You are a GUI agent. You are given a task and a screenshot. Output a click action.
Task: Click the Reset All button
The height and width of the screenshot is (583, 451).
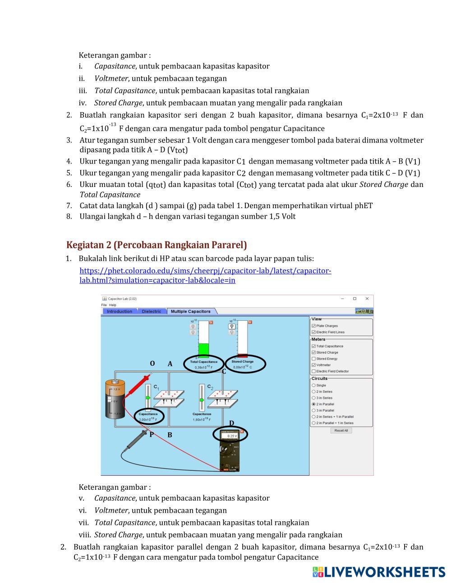click(x=341, y=430)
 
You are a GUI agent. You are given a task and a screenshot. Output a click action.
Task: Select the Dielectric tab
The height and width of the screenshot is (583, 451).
click(x=151, y=311)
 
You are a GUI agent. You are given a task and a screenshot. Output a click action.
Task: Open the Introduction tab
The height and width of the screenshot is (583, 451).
click(x=120, y=311)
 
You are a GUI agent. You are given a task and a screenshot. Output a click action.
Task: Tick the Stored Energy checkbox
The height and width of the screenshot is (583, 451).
click(x=313, y=359)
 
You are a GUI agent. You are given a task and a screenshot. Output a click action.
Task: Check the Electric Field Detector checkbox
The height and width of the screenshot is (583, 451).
click(x=313, y=371)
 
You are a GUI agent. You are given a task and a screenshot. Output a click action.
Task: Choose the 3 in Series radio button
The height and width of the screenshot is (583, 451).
click(x=313, y=398)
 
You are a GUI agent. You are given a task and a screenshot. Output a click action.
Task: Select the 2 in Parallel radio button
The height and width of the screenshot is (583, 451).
click(x=313, y=404)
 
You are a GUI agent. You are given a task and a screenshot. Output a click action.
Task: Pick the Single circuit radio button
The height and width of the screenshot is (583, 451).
click(x=313, y=385)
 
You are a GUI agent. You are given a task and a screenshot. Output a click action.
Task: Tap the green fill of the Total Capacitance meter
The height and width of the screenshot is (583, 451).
click(x=204, y=350)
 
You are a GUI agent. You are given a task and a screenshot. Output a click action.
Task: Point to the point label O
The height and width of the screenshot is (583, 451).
click(x=152, y=364)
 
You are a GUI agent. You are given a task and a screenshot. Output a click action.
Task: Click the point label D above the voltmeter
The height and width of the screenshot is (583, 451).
click(x=231, y=423)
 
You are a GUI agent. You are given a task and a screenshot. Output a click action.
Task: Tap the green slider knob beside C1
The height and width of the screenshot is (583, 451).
click(x=148, y=398)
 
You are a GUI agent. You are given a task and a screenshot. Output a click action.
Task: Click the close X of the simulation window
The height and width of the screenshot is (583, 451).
click(x=367, y=298)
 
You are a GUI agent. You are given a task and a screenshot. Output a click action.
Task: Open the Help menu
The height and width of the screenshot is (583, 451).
click(x=113, y=305)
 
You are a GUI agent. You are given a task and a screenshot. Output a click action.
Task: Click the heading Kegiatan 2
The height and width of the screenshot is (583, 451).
click(x=156, y=245)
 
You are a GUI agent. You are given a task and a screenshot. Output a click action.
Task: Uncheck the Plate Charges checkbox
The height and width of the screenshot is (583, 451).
click(x=313, y=326)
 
